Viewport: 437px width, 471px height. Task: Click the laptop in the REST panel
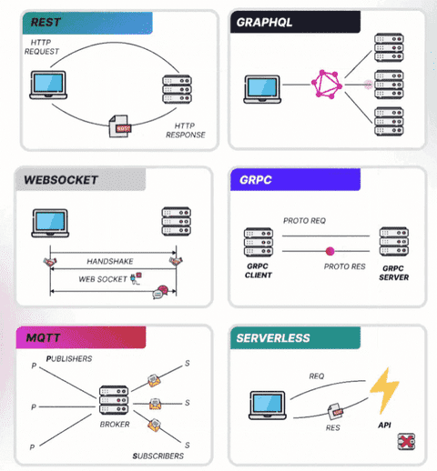pyautogui.click(x=46, y=85)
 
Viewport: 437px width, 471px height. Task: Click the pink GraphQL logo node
pyautogui.click(x=327, y=85)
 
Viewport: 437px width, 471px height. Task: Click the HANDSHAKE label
pyautogui.click(x=109, y=261)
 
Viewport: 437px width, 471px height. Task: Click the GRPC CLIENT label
pyautogui.click(x=258, y=269)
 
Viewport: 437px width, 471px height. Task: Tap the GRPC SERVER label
pyautogui.click(x=393, y=269)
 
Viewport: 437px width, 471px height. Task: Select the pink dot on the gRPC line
pyautogui.click(x=330, y=251)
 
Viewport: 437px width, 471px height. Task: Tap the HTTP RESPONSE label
pyautogui.click(x=185, y=129)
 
